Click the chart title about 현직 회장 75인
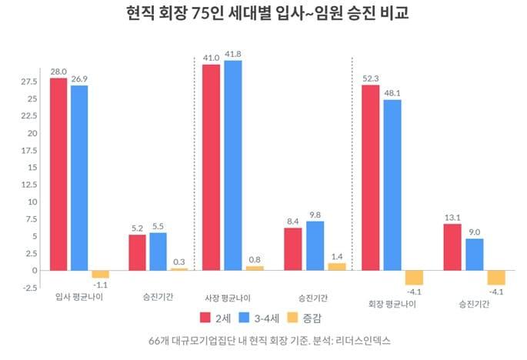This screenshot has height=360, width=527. click(262, 15)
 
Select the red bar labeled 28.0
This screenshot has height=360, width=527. click(58, 174)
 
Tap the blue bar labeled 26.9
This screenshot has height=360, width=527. click(79, 177)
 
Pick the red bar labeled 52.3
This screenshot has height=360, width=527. click(370, 177)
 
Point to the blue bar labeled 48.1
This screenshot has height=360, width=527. click(392, 185)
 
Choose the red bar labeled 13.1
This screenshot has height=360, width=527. click(452, 247)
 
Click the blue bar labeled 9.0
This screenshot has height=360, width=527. click(474, 254)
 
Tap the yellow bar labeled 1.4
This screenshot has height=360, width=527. click(337, 266)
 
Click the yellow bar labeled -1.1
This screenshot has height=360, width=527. click(101, 274)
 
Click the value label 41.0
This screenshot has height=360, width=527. click(211, 57)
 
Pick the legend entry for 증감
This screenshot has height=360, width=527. click(308, 317)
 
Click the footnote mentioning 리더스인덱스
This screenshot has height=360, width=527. click(262, 339)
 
